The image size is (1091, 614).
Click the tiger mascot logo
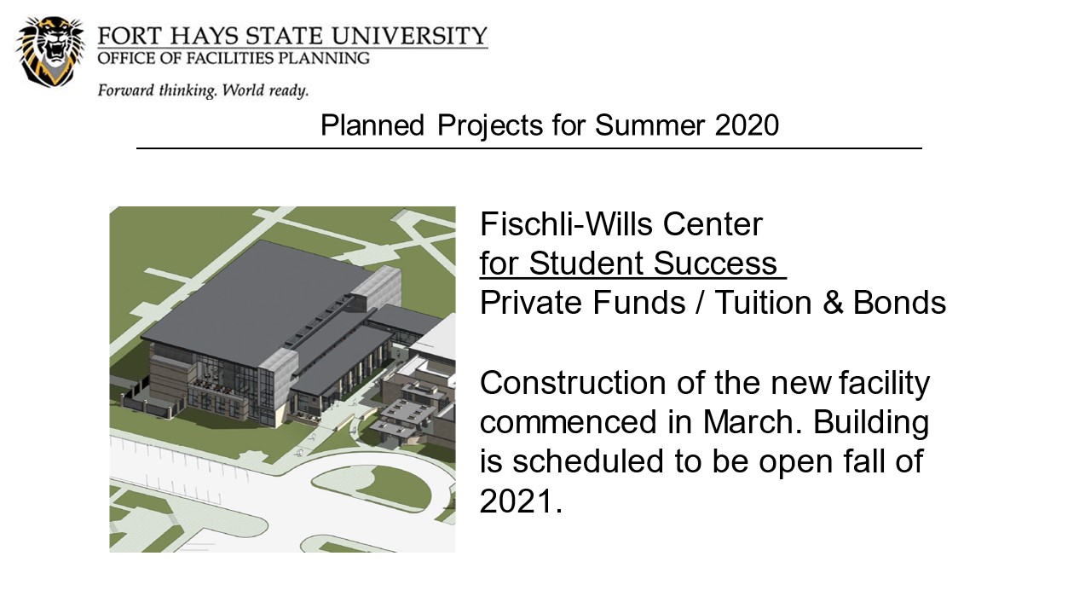(50, 52)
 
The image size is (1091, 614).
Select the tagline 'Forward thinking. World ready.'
(203, 90)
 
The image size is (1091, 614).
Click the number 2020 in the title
(747, 125)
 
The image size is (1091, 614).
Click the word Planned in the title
(372, 125)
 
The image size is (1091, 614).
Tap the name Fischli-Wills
(566, 224)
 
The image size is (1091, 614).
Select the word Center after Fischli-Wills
(713, 224)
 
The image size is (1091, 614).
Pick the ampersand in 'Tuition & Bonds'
(833, 303)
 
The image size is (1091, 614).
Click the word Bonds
(899, 303)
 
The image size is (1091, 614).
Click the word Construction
(573, 383)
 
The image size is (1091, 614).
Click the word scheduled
(588, 461)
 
